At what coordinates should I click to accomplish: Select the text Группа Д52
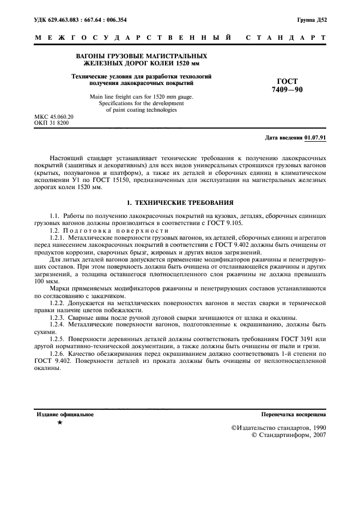pyautogui.click(x=312, y=20)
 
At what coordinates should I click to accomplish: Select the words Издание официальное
pyautogui.click(x=65, y=415)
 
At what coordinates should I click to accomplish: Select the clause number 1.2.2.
pyautogui.click(x=57, y=302)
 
